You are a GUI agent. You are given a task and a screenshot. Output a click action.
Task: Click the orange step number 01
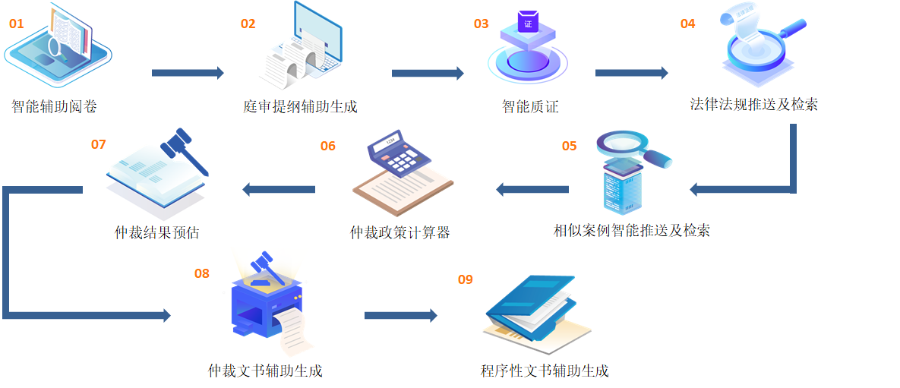(16, 24)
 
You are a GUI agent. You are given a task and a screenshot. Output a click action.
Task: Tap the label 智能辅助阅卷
(54, 107)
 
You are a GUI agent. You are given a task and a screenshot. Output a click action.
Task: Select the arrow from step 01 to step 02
(188, 73)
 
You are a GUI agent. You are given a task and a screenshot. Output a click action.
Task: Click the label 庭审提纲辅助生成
(300, 107)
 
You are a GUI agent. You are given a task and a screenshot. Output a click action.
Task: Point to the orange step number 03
(481, 24)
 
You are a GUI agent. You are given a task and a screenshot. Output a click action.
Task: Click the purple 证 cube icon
(528, 23)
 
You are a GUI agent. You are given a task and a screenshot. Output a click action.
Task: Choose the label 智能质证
(530, 107)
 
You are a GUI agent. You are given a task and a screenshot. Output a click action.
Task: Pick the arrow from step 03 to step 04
(631, 73)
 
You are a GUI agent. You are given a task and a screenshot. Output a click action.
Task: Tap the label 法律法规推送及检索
(753, 104)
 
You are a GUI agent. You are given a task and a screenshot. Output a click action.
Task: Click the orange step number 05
(569, 146)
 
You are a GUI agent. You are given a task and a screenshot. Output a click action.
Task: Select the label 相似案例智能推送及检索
(632, 231)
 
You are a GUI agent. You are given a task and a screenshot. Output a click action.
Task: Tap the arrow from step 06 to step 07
(279, 189)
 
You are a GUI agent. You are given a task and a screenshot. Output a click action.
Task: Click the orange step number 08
(201, 273)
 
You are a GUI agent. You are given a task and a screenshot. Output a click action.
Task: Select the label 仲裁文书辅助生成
(265, 371)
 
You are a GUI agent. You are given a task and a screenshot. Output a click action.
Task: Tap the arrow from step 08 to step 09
(400, 315)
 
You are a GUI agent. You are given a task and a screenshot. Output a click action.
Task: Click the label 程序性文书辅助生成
(545, 371)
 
